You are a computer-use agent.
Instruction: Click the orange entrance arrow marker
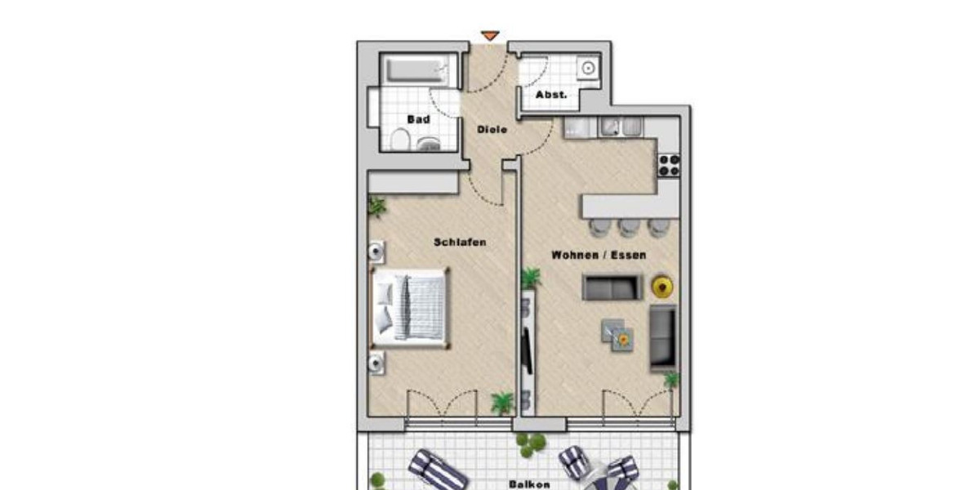coord(489,36)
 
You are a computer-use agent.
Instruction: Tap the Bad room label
coord(418,119)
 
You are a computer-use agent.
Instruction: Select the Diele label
coord(492,129)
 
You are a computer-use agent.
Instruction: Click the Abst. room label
coord(550,95)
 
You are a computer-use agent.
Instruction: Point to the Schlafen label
coord(461,242)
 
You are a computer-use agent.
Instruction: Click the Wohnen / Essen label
coord(599,255)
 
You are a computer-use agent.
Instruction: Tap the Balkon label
coord(529,483)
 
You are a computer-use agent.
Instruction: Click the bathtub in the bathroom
coord(416,70)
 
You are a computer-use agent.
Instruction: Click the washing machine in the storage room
coord(586,69)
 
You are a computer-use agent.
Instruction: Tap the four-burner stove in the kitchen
coord(669,165)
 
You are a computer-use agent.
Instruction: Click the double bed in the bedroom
coord(409,307)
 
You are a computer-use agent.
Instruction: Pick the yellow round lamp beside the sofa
coord(661,287)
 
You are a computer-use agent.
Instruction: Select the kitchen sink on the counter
coord(620,127)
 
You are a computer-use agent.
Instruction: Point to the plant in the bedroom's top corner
coord(376,207)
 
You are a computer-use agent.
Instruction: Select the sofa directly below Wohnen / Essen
coord(612,287)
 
